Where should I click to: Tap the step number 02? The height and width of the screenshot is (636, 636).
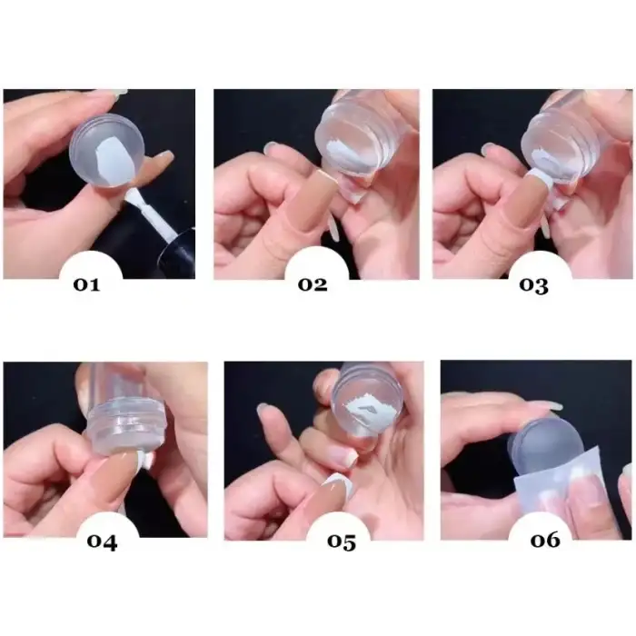tap(312, 284)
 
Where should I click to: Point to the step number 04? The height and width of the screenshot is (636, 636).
tap(103, 542)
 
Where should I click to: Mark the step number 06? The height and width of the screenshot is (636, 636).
tap(546, 540)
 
